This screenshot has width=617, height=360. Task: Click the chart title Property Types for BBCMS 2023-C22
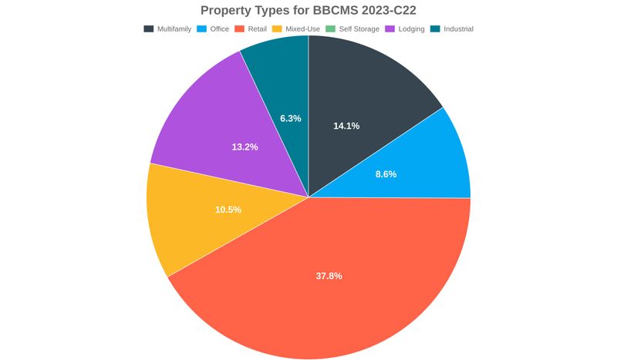308,10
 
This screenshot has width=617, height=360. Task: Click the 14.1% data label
346,126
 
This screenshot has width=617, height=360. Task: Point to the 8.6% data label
386,174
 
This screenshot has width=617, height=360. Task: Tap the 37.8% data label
329,276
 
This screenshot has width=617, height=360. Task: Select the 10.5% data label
228,210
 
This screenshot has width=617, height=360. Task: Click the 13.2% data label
244,146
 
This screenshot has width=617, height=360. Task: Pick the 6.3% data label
291,119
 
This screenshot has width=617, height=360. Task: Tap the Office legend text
220,29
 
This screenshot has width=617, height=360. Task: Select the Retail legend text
257,29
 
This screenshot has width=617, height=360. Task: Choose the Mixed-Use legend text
302,29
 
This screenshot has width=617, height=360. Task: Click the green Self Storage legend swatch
331,29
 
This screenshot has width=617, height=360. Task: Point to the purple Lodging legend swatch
390,29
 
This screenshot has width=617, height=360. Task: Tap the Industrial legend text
458,29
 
